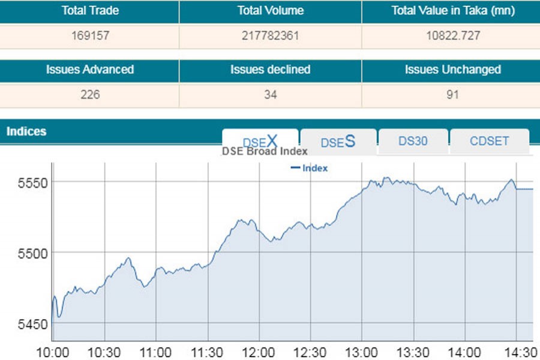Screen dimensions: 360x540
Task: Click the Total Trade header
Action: (90, 11)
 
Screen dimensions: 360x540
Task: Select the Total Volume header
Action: (270, 11)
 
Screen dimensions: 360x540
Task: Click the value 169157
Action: (90, 36)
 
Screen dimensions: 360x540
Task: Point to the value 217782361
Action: (270, 36)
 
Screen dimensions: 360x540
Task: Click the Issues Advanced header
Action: (90, 70)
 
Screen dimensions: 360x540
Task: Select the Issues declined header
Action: (270, 70)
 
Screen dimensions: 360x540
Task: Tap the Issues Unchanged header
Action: (452, 70)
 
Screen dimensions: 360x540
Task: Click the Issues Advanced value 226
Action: (90, 95)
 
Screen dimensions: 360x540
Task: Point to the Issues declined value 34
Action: (270, 95)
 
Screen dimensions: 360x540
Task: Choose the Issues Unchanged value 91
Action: (452, 95)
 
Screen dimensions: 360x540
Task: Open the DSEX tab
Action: (260, 141)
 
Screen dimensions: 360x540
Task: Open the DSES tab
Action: (338, 142)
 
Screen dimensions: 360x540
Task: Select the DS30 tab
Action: (413, 141)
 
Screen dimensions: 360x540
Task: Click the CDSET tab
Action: (489, 141)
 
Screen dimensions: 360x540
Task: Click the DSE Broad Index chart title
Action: (265, 152)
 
